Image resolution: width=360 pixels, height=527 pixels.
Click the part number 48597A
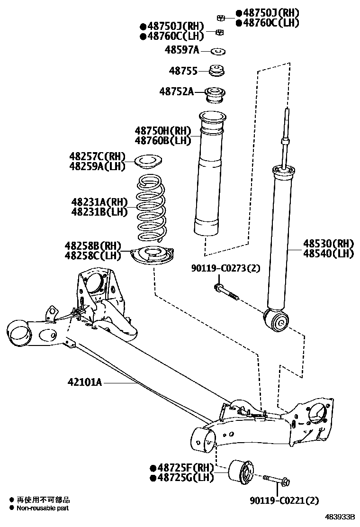[182, 49]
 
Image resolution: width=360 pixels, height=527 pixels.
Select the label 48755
[183, 71]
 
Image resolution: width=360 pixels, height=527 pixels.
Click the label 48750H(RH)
[162, 130]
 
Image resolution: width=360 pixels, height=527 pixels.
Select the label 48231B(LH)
[99, 212]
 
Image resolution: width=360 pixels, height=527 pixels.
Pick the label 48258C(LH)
[93, 255]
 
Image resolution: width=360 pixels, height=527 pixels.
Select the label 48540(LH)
[329, 254]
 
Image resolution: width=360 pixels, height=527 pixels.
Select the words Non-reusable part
[43, 508]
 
